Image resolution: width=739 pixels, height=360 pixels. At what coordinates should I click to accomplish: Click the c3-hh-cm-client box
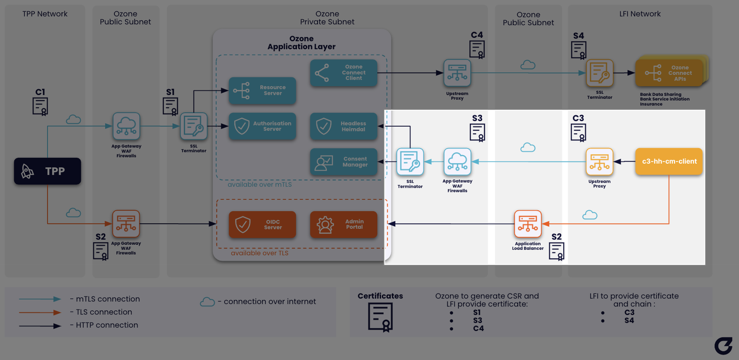[x=669, y=161]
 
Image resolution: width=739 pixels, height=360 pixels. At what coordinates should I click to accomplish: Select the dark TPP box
[x=48, y=171]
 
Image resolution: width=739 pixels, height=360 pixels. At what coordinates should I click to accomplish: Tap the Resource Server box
[x=262, y=90]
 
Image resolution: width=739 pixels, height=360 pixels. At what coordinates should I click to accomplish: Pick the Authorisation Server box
[x=262, y=126]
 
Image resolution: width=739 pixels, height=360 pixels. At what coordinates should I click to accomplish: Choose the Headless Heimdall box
[x=344, y=126]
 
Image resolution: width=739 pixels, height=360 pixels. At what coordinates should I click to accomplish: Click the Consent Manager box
[x=344, y=162]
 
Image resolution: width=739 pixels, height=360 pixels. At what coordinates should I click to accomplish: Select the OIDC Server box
[x=262, y=225]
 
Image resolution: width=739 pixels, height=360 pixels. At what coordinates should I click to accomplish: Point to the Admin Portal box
[x=344, y=225]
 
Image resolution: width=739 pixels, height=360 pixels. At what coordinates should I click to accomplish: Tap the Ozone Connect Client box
[x=344, y=73]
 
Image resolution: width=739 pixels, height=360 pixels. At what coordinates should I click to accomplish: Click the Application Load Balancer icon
[x=528, y=224]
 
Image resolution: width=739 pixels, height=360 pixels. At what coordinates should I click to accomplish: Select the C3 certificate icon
[x=579, y=133]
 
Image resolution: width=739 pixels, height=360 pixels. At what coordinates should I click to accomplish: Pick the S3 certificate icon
[x=477, y=133]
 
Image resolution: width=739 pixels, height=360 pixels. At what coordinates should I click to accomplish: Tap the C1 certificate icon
[x=40, y=106]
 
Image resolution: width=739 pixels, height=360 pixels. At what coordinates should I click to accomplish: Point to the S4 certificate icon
[x=579, y=50]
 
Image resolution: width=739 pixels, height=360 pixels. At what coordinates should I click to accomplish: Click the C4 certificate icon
[x=477, y=50]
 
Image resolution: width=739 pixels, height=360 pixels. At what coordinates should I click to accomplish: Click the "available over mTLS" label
[x=260, y=185]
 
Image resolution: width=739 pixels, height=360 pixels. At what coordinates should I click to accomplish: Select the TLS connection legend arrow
[x=40, y=312]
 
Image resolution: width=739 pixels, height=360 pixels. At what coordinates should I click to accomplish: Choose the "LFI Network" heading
[x=640, y=14]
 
